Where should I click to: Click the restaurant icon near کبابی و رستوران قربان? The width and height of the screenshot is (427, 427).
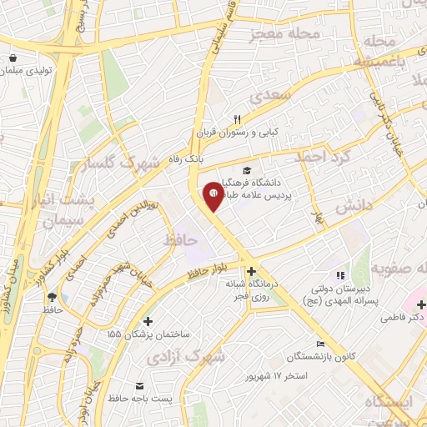point(237,120)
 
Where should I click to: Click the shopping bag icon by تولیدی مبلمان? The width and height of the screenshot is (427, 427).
point(13,58)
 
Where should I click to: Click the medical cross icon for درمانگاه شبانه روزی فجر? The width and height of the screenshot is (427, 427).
point(251,270)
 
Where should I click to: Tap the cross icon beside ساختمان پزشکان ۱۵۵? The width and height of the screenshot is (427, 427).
point(148,320)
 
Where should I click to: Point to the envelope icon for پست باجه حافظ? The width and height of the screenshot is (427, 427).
point(138,386)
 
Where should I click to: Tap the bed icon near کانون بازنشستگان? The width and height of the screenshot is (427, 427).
point(320,344)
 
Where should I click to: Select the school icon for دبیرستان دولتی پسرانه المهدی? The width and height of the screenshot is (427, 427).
point(339,275)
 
